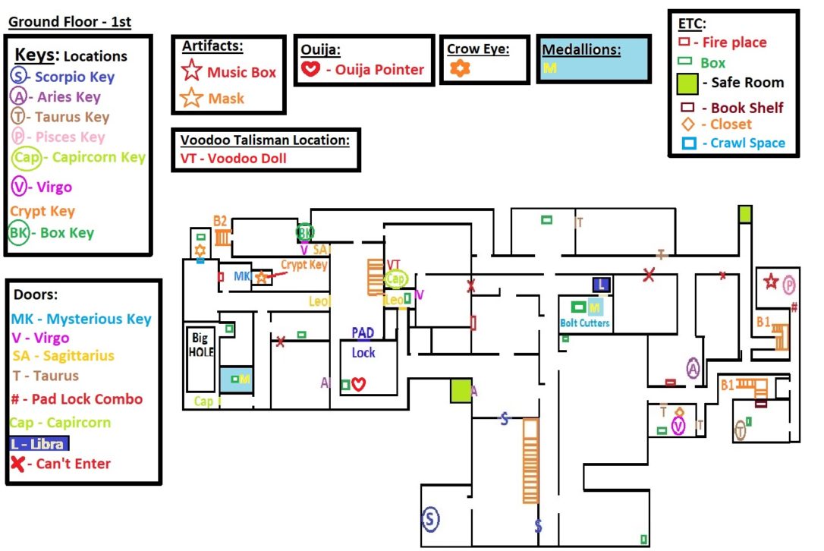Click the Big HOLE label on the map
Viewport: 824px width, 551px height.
[x=202, y=345]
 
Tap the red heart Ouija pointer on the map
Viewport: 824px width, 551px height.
[x=359, y=385]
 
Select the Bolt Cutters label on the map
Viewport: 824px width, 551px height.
[x=584, y=323]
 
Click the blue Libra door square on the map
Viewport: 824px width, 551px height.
[x=601, y=285]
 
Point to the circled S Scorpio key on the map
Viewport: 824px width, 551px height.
[x=431, y=519]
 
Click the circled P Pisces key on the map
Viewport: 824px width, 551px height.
[x=789, y=284]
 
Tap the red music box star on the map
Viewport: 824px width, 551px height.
[x=772, y=282]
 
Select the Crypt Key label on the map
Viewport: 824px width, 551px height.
[x=303, y=265]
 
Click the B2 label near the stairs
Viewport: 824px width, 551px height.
[x=220, y=221]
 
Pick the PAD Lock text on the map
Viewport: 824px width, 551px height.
[x=363, y=343]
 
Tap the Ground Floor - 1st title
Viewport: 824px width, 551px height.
[x=70, y=22]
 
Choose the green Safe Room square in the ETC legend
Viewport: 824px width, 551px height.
[x=687, y=83]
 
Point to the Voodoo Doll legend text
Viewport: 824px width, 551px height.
[x=234, y=159]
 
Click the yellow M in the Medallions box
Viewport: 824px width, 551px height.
[x=549, y=68]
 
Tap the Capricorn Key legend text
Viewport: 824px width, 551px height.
[x=98, y=157]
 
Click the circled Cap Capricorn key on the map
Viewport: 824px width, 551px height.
[x=395, y=279]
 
